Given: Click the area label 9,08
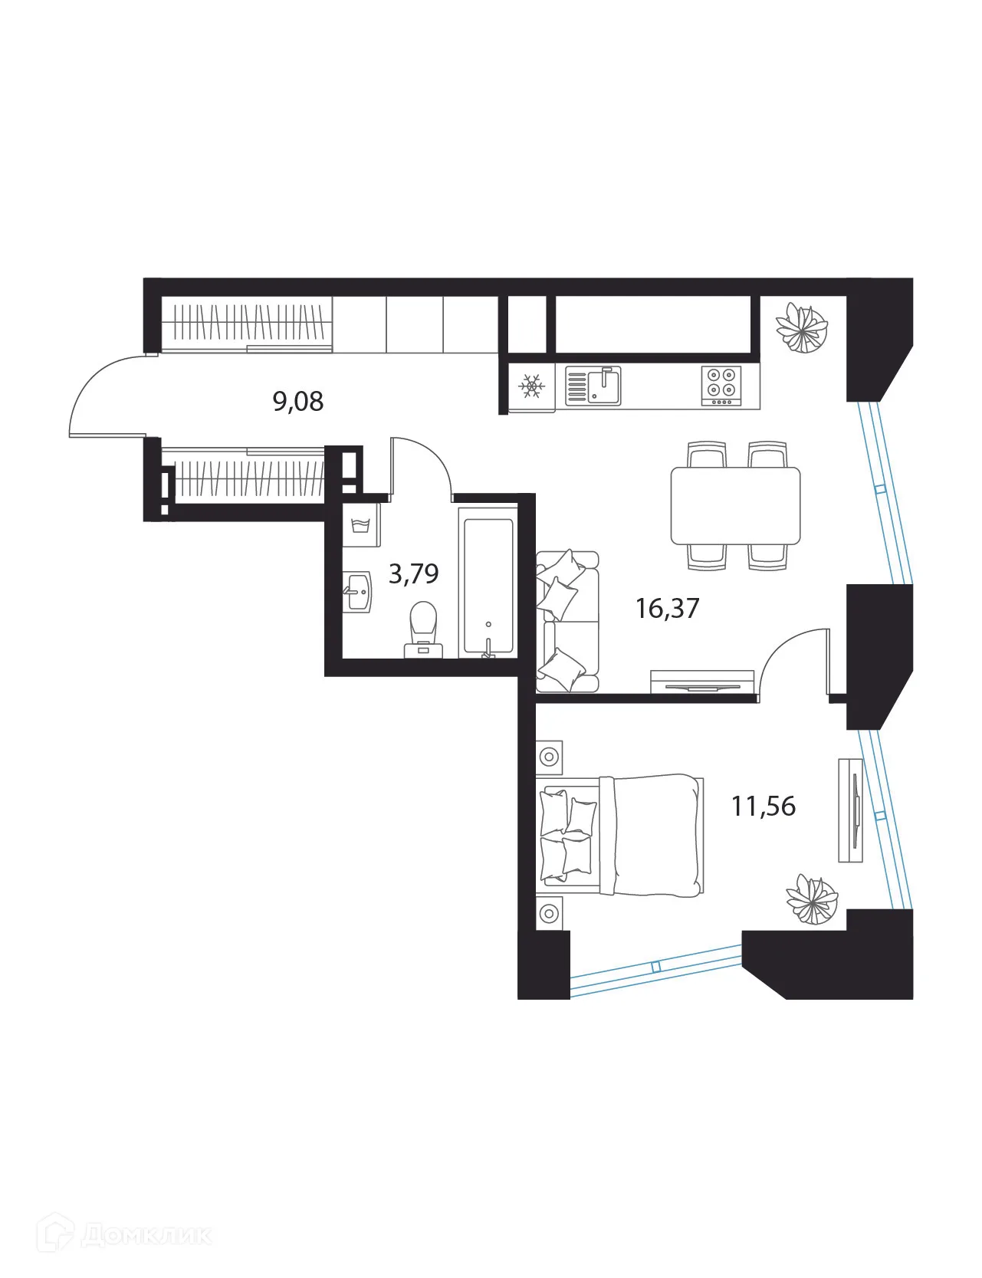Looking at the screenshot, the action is click(298, 401).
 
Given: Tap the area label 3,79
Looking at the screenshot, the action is click(413, 573).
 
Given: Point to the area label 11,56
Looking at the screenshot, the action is click(764, 807).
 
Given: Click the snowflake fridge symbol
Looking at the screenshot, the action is click(530, 386).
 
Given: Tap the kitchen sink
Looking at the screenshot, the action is click(593, 386).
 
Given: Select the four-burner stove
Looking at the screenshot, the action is click(721, 386).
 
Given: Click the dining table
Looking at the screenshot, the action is click(735, 506).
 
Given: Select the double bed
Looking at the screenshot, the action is click(620, 835).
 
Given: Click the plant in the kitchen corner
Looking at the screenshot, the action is click(802, 327).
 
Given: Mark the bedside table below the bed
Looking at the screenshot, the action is click(549, 913).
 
